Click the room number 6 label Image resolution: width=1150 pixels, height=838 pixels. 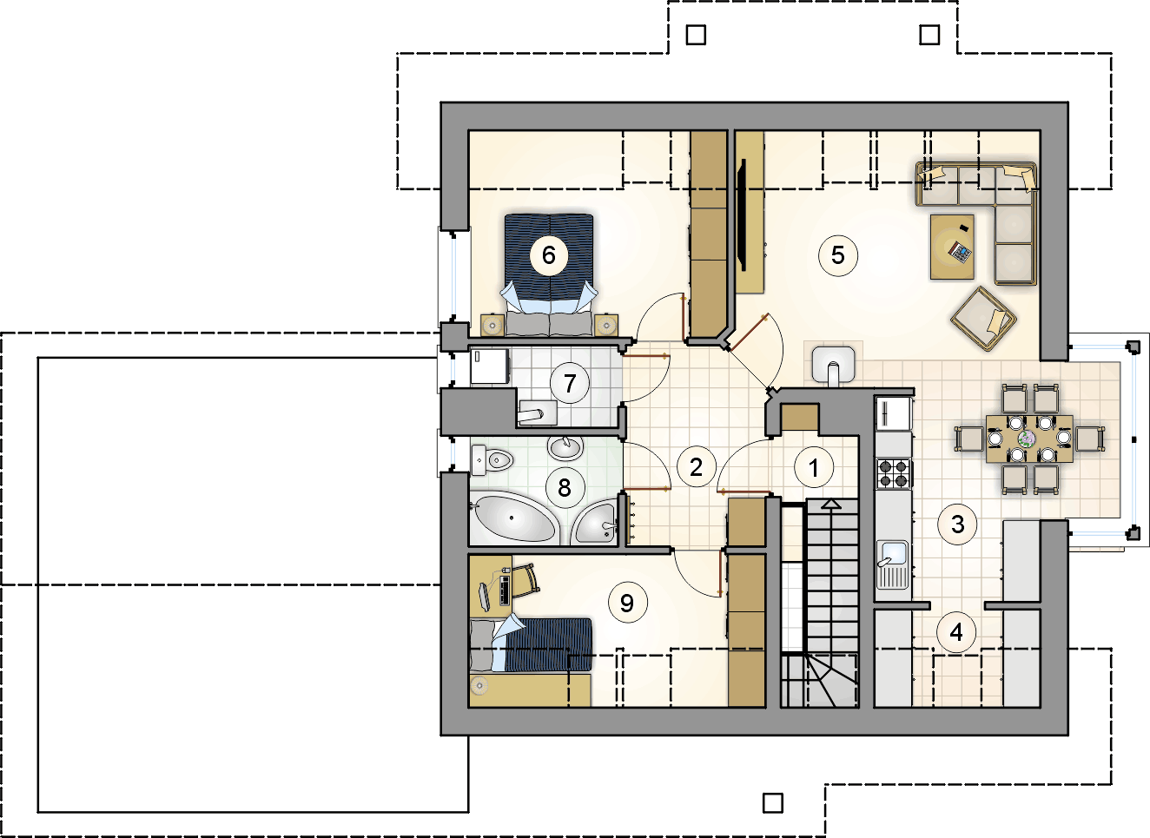click(549, 255)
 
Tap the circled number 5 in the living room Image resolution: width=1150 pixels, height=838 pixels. click(838, 255)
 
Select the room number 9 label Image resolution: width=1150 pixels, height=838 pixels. click(627, 603)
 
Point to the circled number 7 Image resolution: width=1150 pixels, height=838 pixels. click(569, 383)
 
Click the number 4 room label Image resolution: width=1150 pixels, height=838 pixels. click(956, 633)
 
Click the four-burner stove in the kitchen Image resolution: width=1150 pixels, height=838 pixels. click(894, 473)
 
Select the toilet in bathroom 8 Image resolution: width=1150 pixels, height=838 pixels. click(492, 459)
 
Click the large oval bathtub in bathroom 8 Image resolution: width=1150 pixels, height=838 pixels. click(513, 518)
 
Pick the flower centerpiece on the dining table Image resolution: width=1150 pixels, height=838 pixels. click(1028, 439)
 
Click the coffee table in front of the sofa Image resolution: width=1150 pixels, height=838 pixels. click(952, 247)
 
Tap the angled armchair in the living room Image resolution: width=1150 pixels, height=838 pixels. click(983, 319)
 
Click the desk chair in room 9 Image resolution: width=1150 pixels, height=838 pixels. click(524, 581)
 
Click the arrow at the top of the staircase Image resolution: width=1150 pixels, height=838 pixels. click(830, 505)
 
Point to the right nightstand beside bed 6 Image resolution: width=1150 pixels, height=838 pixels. click(605, 326)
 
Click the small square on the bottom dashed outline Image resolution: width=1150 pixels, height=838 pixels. click(773, 803)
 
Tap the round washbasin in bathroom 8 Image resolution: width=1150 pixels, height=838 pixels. click(565, 448)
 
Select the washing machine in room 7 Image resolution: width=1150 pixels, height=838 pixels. click(490, 366)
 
